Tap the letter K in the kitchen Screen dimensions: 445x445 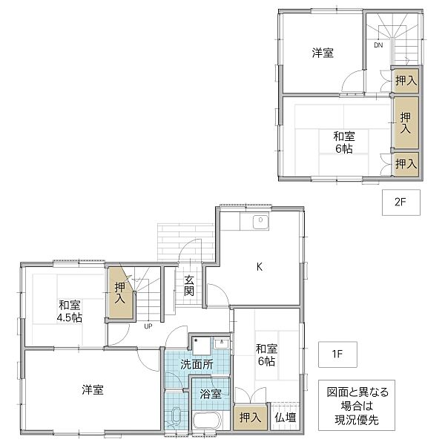(x=260, y=266)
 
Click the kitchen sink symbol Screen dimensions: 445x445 (x=260, y=222)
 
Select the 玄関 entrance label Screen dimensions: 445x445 (x=190, y=286)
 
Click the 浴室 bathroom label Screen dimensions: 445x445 (x=211, y=394)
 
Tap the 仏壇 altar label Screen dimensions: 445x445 (x=285, y=418)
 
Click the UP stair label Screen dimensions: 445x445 (x=148, y=326)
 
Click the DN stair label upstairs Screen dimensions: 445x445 (x=378, y=46)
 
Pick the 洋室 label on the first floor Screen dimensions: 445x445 (x=93, y=389)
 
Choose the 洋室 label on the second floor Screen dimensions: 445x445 (x=322, y=53)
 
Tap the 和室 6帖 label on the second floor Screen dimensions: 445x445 (x=343, y=142)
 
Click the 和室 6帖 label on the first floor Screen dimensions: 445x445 (x=266, y=355)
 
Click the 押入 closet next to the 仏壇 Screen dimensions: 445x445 (x=250, y=418)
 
